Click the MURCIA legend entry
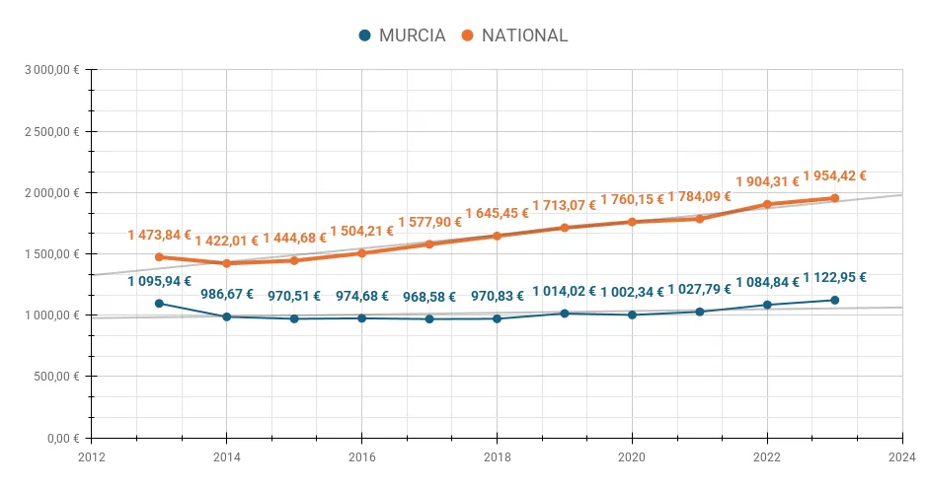pyautogui.click(x=402, y=35)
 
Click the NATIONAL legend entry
pyautogui.click(x=514, y=35)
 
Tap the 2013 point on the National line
pyautogui.click(x=159, y=257)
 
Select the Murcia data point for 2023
pyautogui.click(x=834, y=300)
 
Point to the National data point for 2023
pyautogui.click(x=834, y=198)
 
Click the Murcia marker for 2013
pyautogui.click(x=159, y=304)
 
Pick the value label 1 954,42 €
pyautogui.click(x=834, y=176)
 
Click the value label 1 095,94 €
pyautogui.click(x=159, y=281)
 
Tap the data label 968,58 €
pyautogui.click(x=429, y=297)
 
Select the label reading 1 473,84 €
pyautogui.click(x=159, y=235)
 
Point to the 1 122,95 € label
pyautogui.click(x=834, y=278)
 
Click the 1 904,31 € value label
pyautogui.click(x=767, y=182)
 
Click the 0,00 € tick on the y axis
pyautogui.click(x=64, y=438)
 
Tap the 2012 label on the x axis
pyautogui.click(x=91, y=456)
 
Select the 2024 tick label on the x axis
pyautogui.click(x=902, y=456)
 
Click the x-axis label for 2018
pyautogui.click(x=497, y=456)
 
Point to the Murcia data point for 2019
pyautogui.click(x=565, y=314)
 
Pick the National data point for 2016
pyautogui.click(x=361, y=253)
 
